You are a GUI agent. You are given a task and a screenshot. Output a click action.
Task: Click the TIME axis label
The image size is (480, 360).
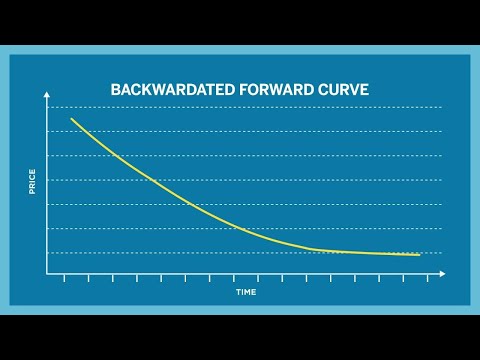(x=246, y=292)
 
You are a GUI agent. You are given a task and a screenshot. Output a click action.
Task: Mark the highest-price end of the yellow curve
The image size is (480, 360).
(x=71, y=119)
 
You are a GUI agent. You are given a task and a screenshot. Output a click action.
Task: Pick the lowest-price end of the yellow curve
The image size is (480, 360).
(x=419, y=254)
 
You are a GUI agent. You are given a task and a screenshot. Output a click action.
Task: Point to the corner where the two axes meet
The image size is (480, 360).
(x=46, y=273)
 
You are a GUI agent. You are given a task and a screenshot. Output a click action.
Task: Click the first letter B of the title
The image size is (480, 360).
(x=114, y=90)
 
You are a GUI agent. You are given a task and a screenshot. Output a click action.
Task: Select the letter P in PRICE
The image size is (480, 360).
(x=33, y=193)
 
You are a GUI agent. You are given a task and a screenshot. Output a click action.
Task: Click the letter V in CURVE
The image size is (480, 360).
(x=350, y=90)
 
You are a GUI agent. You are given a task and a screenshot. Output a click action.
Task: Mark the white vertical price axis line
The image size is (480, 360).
(x=46, y=190)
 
